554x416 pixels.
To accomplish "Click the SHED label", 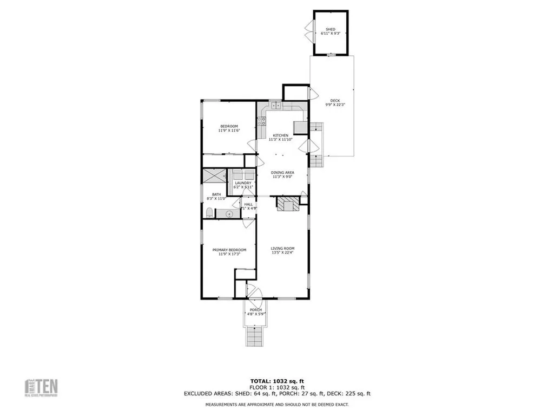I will pos(330,29).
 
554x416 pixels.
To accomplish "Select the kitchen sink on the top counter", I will pos(275,105).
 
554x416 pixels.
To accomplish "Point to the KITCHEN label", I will pos(280,135).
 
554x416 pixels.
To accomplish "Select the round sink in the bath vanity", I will pos(229,214).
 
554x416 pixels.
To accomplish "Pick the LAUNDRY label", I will pos(242,183).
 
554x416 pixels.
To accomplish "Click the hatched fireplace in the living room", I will pos(287,205).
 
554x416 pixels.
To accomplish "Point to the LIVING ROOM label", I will pos(282,249).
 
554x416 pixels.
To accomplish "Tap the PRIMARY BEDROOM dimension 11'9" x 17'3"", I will pos(229,253).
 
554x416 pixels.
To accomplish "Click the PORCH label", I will pos(255,310).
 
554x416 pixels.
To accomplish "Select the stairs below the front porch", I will pos(254,337).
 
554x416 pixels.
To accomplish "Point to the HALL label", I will pos(248,204).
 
